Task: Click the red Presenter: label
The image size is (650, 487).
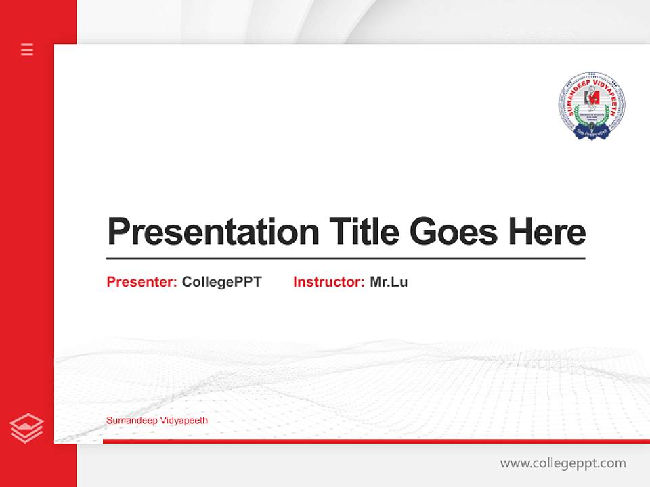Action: pyautogui.click(x=142, y=282)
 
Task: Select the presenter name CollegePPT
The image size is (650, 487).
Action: pyautogui.click(x=221, y=282)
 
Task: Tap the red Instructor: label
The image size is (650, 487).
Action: pyautogui.click(x=328, y=282)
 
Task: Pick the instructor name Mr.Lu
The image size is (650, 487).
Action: pyautogui.click(x=389, y=282)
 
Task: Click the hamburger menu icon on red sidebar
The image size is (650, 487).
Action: pyautogui.click(x=27, y=49)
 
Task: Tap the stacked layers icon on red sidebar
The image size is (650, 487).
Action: pyautogui.click(x=27, y=428)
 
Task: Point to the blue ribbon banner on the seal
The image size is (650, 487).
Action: pyautogui.click(x=591, y=133)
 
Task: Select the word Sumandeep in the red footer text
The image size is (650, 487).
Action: pyautogui.click(x=130, y=421)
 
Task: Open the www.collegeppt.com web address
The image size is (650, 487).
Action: pyautogui.click(x=563, y=463)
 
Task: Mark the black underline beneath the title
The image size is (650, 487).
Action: pyautogui.click(x=345, y=258)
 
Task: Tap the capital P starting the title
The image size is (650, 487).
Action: pyautogui.click(x=118, y=232)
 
